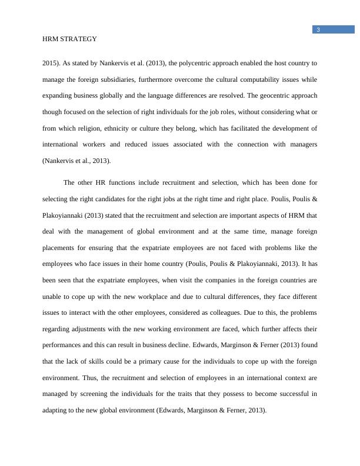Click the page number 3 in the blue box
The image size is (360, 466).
[x=318, y=31]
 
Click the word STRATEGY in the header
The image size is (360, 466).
[x=78, y=39]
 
